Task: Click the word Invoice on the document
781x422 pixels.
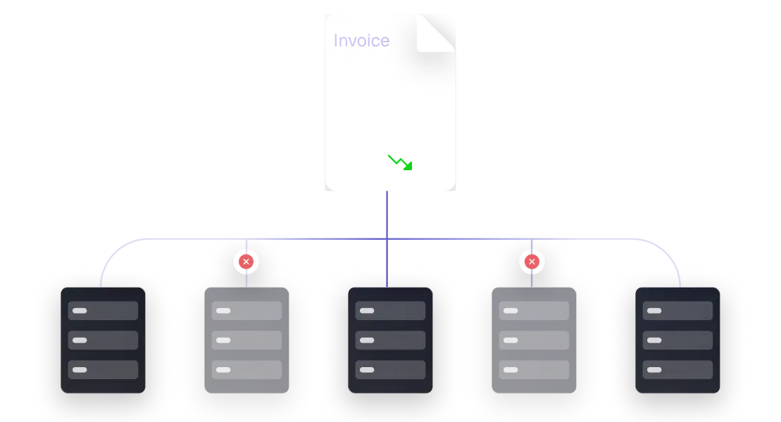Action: tap(361, 41)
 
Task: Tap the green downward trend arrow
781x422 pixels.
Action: tap(400, 162)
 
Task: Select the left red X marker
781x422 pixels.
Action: tap(246, 262)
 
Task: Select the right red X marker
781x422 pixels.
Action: tap(532, 262)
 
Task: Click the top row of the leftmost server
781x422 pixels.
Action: tap(103, 310)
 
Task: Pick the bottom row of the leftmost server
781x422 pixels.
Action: tap(103, 369)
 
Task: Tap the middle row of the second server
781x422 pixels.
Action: tap(246, 340)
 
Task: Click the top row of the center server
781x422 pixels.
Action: tap(390, 310)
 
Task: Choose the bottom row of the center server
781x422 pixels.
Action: tap(390, 369)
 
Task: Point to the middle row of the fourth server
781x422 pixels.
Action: tap(534, 340)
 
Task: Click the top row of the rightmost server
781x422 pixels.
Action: tap(677, 310)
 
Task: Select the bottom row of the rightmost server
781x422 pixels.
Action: tap(677, 369)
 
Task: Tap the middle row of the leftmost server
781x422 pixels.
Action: tap(103, 340)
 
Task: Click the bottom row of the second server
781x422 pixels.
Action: tap(246, 369)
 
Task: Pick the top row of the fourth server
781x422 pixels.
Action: tap(534, 310)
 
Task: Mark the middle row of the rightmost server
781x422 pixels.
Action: tap(677, 340)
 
